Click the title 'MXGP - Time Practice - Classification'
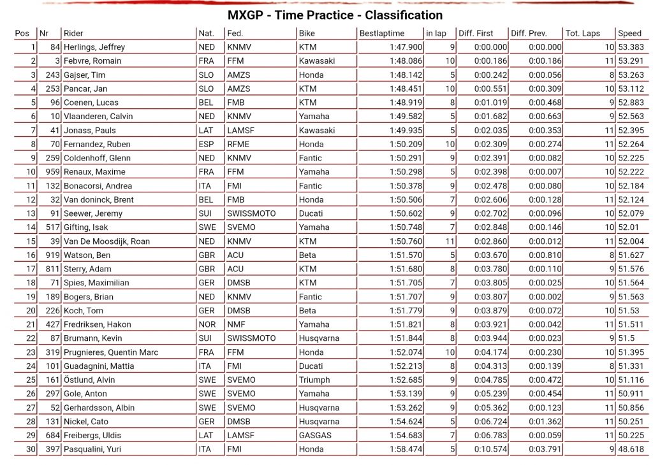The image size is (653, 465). [x=335, y=15]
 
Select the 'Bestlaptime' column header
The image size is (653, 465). [x=381, y=33]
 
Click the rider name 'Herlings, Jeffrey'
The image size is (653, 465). [x=94, y=47]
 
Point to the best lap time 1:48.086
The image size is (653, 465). [x=406, y=61]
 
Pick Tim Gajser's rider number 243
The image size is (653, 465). [x=50, y=75]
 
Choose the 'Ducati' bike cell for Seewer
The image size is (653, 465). [x=311, y=213]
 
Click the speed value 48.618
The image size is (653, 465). [x=631, y=449]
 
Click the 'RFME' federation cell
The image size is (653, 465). [x=238, y=145]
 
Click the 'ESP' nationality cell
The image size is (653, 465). [x=206, y=145]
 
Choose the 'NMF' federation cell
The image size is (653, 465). [x=236, y=324]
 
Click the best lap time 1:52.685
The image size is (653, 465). [x=406, y=380]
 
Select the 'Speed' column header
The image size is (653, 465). [x=629, y=33]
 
